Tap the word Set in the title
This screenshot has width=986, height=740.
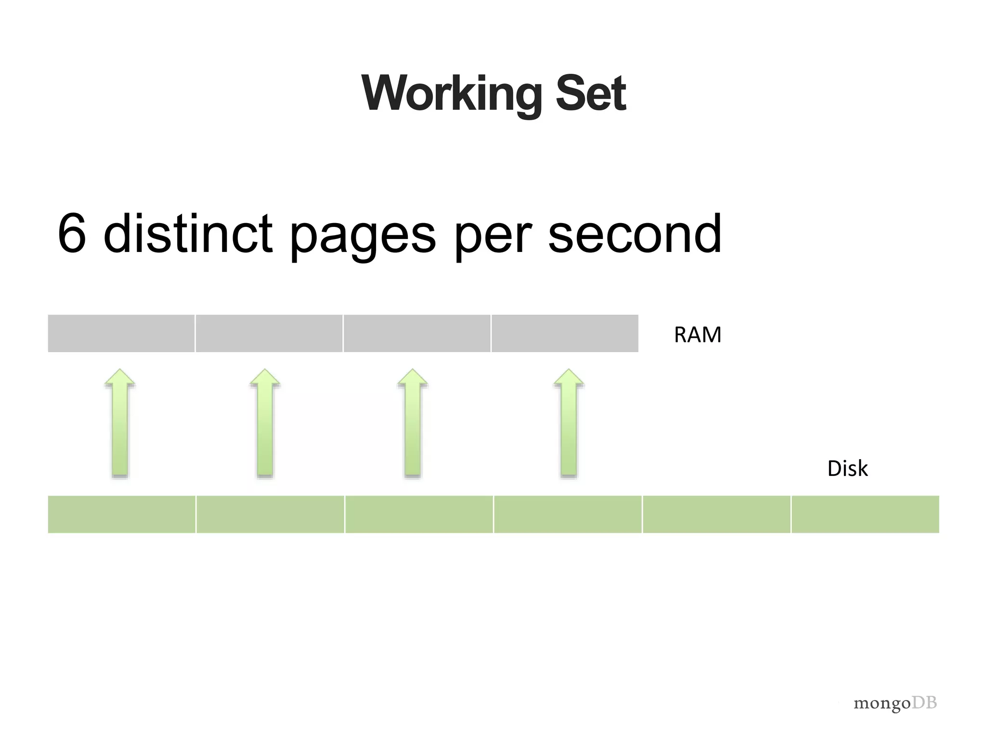tap(591, 93)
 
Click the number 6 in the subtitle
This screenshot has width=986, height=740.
tap(72, 234)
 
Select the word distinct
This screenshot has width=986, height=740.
tap(188, 234)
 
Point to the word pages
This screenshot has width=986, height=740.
tap(363, 236)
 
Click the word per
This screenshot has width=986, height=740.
tap(493, 236)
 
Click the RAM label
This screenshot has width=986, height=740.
tap(698, 335)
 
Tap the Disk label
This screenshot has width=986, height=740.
tap(847, 468)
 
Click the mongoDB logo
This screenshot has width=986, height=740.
tap(895, 703)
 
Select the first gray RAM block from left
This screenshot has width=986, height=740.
tap(121, 333)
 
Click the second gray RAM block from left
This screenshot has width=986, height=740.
tap(269, 333)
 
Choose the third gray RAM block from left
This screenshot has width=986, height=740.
tap(417, 333)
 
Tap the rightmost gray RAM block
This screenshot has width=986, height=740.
tap(565, 333)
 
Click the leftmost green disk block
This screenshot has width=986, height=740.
tap(122, 514)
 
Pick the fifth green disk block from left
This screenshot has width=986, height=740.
tap(716, 514)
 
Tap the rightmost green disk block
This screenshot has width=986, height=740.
tap(865, 514)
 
